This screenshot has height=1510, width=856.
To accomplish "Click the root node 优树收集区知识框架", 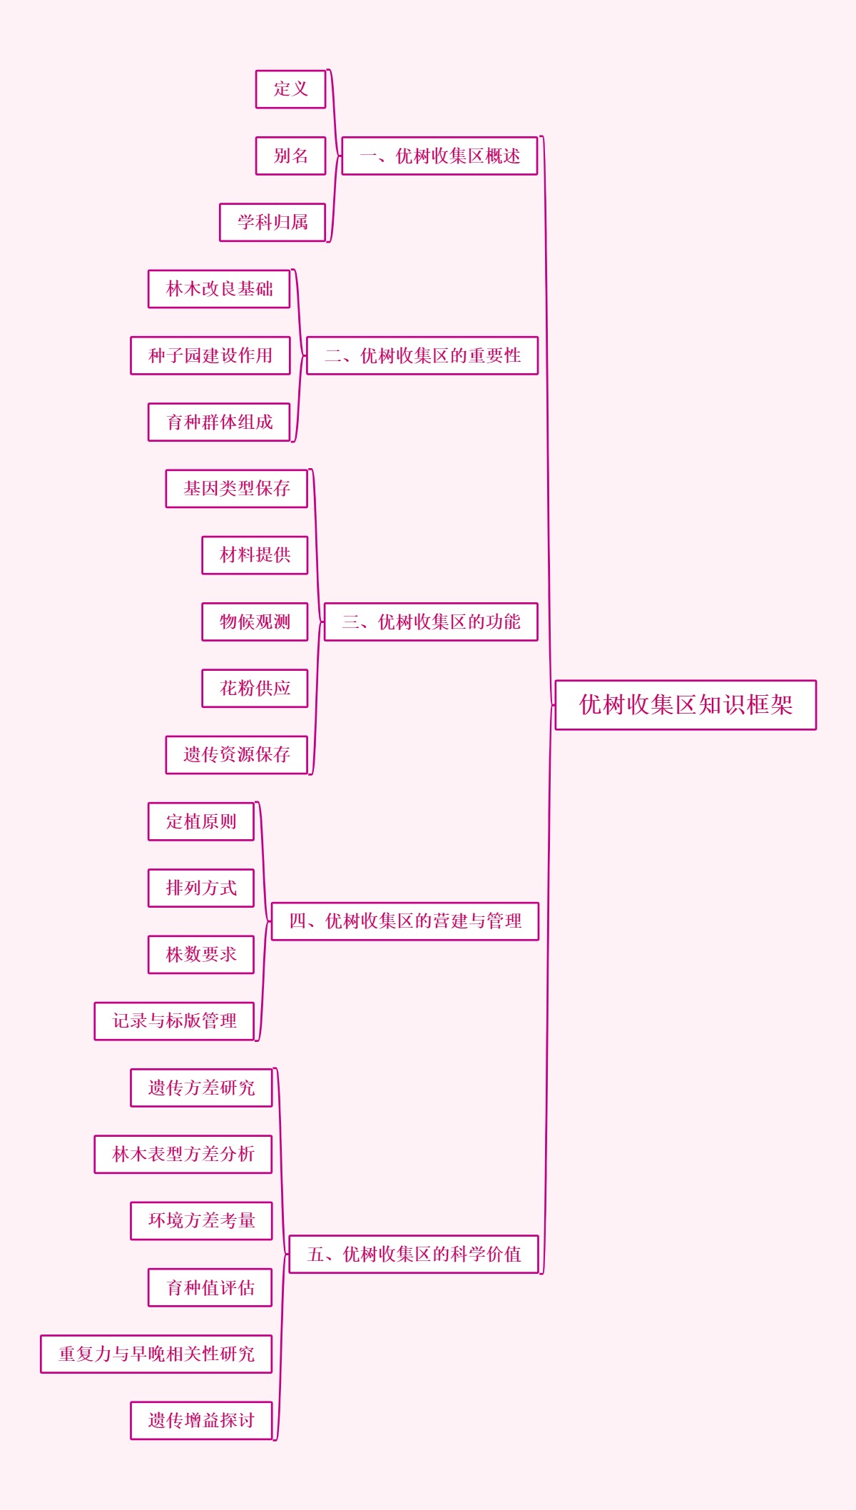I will click(x=686, y=705).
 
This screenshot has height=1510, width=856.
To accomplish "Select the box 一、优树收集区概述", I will click(x=439, y=156).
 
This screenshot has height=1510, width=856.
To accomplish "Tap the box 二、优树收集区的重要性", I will click(x=422, y=355).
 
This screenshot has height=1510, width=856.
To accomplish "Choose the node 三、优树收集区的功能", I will click(x=431, y=622).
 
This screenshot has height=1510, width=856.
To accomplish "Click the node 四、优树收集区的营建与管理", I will click(x=405, y=921).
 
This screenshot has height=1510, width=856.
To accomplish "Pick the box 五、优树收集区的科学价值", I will click(x=414, y=1254).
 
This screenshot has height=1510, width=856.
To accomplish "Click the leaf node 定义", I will click(x=291, y=89).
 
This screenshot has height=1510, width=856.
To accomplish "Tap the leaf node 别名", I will click(x=291, y=156).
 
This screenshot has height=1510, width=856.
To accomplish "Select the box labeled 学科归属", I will click(x=272, y=222).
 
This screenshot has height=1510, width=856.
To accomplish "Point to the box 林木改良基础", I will click(x=219, y=289).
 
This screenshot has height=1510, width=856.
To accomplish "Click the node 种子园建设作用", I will click(x=210, y=355).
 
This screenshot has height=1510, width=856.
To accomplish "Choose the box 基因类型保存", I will click(x=237, y=489).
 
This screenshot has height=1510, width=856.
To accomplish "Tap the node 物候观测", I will click(x=255, y=622).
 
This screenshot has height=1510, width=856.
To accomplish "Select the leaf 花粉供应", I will click(x=255, y=689).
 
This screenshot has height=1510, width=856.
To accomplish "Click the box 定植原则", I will click(x=201, y=821).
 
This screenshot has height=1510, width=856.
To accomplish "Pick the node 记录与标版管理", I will click(x=174, y=1021).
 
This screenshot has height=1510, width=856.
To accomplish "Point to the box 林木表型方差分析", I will click(x=183, y=1154).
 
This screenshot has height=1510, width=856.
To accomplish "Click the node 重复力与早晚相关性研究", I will click(x=156, y=1354).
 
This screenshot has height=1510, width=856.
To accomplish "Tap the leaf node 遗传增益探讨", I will click(x=201, y=1420).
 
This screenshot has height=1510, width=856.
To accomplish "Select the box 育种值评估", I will click(x=210, y=1287).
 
